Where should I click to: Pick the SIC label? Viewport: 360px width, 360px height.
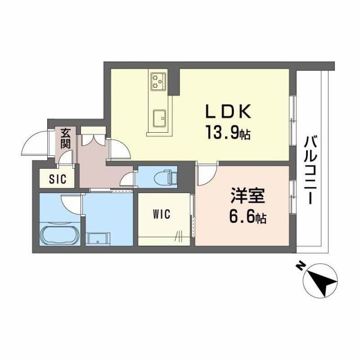[57, 179]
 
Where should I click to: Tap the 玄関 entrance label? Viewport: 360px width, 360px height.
[66, 138]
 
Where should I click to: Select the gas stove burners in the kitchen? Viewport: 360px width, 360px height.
[157, 82]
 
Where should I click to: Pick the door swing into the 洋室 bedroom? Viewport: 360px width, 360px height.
[205, 172]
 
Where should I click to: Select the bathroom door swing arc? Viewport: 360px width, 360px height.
[71, 201]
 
